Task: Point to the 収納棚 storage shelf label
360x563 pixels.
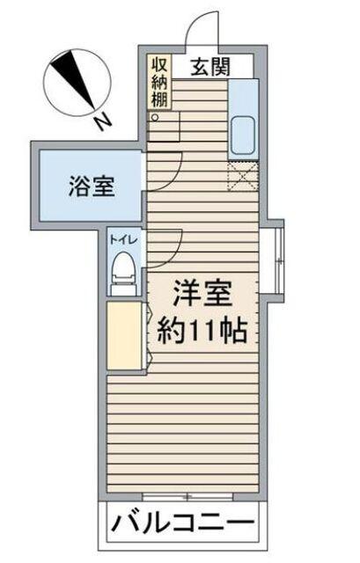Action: [158, 82]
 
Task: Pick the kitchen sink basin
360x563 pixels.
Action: [242, 134]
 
